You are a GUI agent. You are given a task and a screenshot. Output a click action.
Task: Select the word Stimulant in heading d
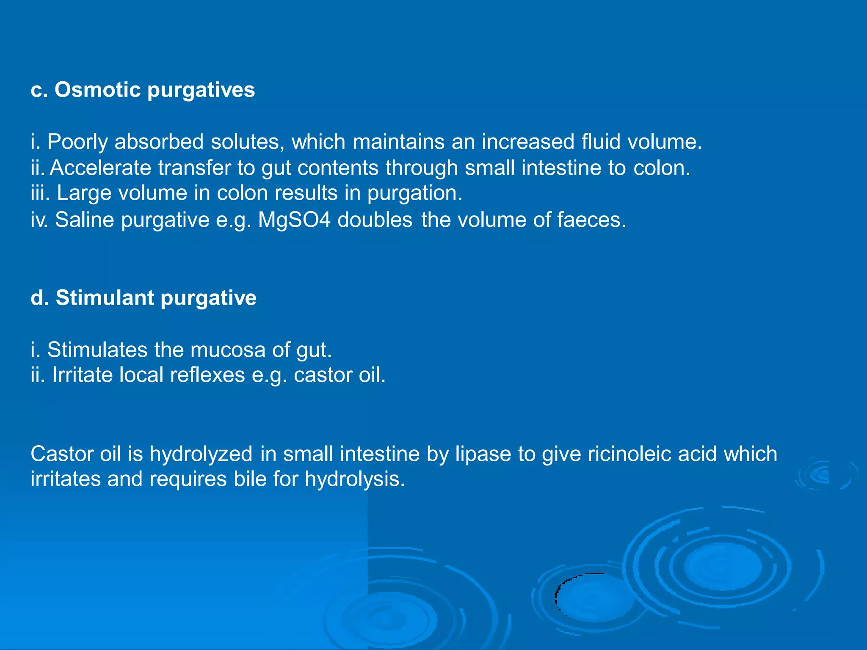click(105, 297)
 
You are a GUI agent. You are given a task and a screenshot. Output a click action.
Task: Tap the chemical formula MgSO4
click(294, 220)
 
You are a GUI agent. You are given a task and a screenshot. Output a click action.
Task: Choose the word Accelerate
click(100, 168)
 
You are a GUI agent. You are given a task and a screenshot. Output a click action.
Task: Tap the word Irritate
click(82, 375)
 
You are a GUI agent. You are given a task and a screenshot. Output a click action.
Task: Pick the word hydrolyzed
click(201, 454)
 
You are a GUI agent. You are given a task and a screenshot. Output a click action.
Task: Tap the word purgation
click(414, 193)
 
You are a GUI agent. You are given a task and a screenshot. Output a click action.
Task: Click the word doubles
click(375, 220)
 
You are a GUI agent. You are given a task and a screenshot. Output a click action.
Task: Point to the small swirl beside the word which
click(821, 474)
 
